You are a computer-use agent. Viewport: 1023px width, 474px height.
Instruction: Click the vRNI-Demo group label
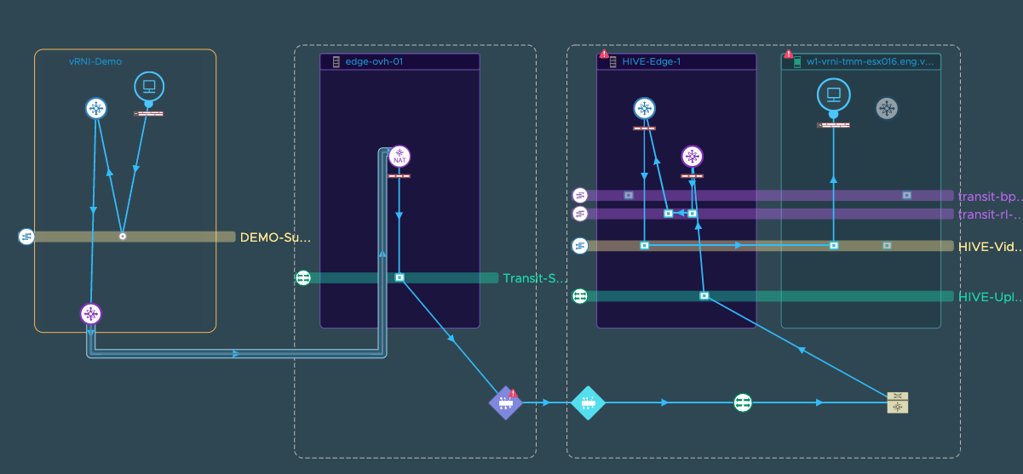point(95,62)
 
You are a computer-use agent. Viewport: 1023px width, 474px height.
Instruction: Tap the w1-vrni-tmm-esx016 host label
point(870,62)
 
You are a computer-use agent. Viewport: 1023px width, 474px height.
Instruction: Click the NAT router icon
point(399,157)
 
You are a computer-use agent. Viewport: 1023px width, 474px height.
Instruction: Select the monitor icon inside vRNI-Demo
point(149,87)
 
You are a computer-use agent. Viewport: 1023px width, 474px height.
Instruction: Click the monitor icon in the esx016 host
point(834,94)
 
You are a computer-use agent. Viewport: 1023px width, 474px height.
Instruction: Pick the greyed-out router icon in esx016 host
point(887,108)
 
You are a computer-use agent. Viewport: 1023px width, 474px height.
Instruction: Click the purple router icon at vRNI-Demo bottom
point(91,314)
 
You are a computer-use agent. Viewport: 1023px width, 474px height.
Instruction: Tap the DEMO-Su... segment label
point(275,237)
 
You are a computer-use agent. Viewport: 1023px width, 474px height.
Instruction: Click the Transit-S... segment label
point(534,278)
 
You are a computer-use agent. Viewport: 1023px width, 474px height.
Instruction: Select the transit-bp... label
point(988,196)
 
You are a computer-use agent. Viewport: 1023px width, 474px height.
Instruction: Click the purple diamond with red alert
point(505,403)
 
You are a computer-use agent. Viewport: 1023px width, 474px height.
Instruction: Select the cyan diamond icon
point(587,403)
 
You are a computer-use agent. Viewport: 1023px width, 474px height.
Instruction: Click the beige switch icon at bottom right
point(898,403)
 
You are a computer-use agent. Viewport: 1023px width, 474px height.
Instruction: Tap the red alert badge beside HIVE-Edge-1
point(604,54)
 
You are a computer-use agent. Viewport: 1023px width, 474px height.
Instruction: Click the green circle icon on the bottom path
point(743,403)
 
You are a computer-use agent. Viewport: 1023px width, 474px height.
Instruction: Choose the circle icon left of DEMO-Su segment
point(26,237)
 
